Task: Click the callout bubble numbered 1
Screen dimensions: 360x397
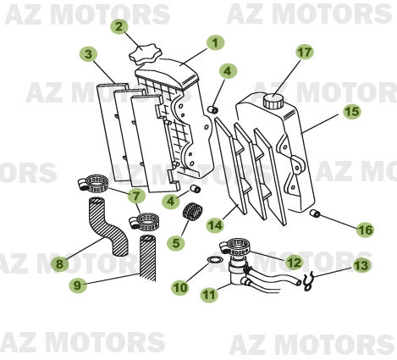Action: [215, 42]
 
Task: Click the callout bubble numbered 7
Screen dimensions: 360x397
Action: [135, 197]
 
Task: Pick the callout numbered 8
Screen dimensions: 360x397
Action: [59, 264]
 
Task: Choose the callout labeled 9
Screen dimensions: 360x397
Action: [77, 285]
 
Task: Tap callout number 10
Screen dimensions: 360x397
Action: [179, 288]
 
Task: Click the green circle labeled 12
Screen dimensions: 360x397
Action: [294, 263]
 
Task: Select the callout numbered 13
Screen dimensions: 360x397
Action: [361, 265]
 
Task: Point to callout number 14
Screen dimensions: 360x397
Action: [216, 224]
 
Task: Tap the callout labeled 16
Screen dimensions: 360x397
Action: [364, 229]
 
